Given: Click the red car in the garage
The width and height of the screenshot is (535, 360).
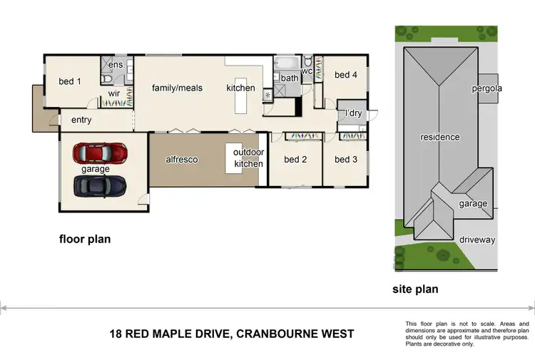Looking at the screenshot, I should click(100, 153).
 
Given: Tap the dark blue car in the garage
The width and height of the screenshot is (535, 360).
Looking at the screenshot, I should click(100, 185).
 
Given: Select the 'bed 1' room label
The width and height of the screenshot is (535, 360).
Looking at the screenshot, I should click(69, 82).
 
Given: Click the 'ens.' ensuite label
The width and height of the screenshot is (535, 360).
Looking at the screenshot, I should click(116, 65).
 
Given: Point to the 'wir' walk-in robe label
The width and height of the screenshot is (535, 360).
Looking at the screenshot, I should click(113, 93).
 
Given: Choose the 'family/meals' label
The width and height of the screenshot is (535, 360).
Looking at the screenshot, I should click(177, 88).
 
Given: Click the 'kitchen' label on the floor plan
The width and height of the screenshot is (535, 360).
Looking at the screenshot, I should click(240, 88).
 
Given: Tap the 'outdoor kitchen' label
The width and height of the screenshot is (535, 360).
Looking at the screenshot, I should click(249, 158).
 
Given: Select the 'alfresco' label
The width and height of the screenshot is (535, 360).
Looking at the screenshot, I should click(181, 160).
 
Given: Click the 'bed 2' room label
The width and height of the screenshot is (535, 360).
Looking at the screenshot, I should click(295, 160).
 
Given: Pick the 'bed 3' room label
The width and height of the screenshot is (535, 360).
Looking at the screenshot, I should click(346, 160).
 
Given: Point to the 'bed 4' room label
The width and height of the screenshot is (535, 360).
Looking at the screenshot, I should click(346, 75).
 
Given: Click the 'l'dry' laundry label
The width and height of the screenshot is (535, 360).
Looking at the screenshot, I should click(353, 113).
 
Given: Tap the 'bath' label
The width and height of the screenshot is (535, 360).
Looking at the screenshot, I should click(289, 78).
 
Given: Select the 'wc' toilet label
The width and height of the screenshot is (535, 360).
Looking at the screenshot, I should click(307, 71).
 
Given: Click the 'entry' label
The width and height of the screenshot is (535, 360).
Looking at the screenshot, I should click(81, 120).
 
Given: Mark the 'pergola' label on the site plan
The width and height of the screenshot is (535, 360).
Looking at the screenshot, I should click(487, 89).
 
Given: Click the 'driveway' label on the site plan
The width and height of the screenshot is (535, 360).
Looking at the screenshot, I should click(477, 240).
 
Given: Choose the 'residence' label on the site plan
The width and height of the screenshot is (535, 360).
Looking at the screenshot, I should click(439, 137).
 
